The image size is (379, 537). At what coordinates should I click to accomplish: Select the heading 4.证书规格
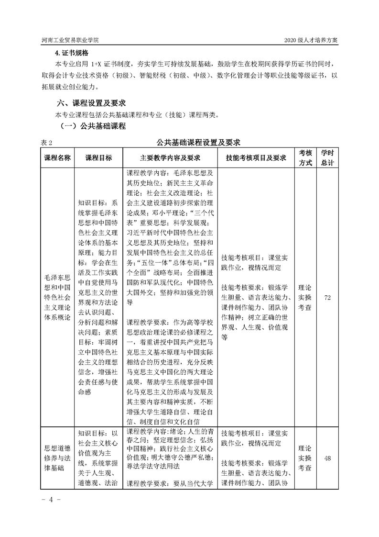pyautogui.click(x=72, y=53)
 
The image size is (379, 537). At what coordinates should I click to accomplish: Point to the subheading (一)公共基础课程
pyautogui.click(x=93, y=126)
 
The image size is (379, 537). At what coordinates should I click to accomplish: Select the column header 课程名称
pyautogui.click(x=57, y=158)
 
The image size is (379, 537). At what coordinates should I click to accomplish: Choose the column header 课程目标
pyautogui.click(x=98, y=158)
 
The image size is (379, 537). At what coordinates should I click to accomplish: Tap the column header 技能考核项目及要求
pyautogui.click(x=256, y=158)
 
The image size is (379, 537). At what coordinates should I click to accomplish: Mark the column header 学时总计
pyautogui.click(x=327, y=157)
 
